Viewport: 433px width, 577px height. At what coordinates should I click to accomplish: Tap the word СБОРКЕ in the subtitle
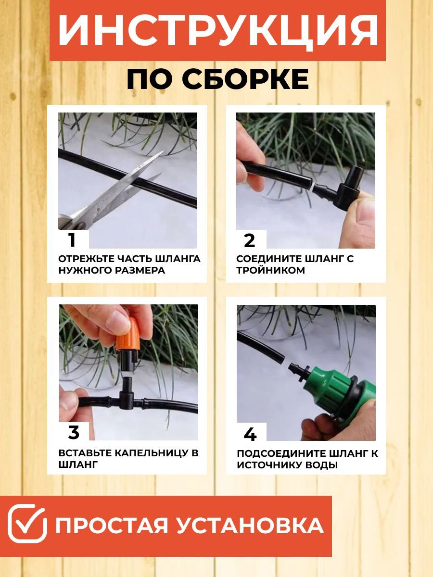[x=248, y=79]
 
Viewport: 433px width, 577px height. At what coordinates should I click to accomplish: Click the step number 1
[x=72, y=240]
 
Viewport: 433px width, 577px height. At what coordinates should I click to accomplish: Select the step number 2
[x=250, y=240]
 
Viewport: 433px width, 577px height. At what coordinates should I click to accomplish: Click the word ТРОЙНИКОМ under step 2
[x=270, y=270]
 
